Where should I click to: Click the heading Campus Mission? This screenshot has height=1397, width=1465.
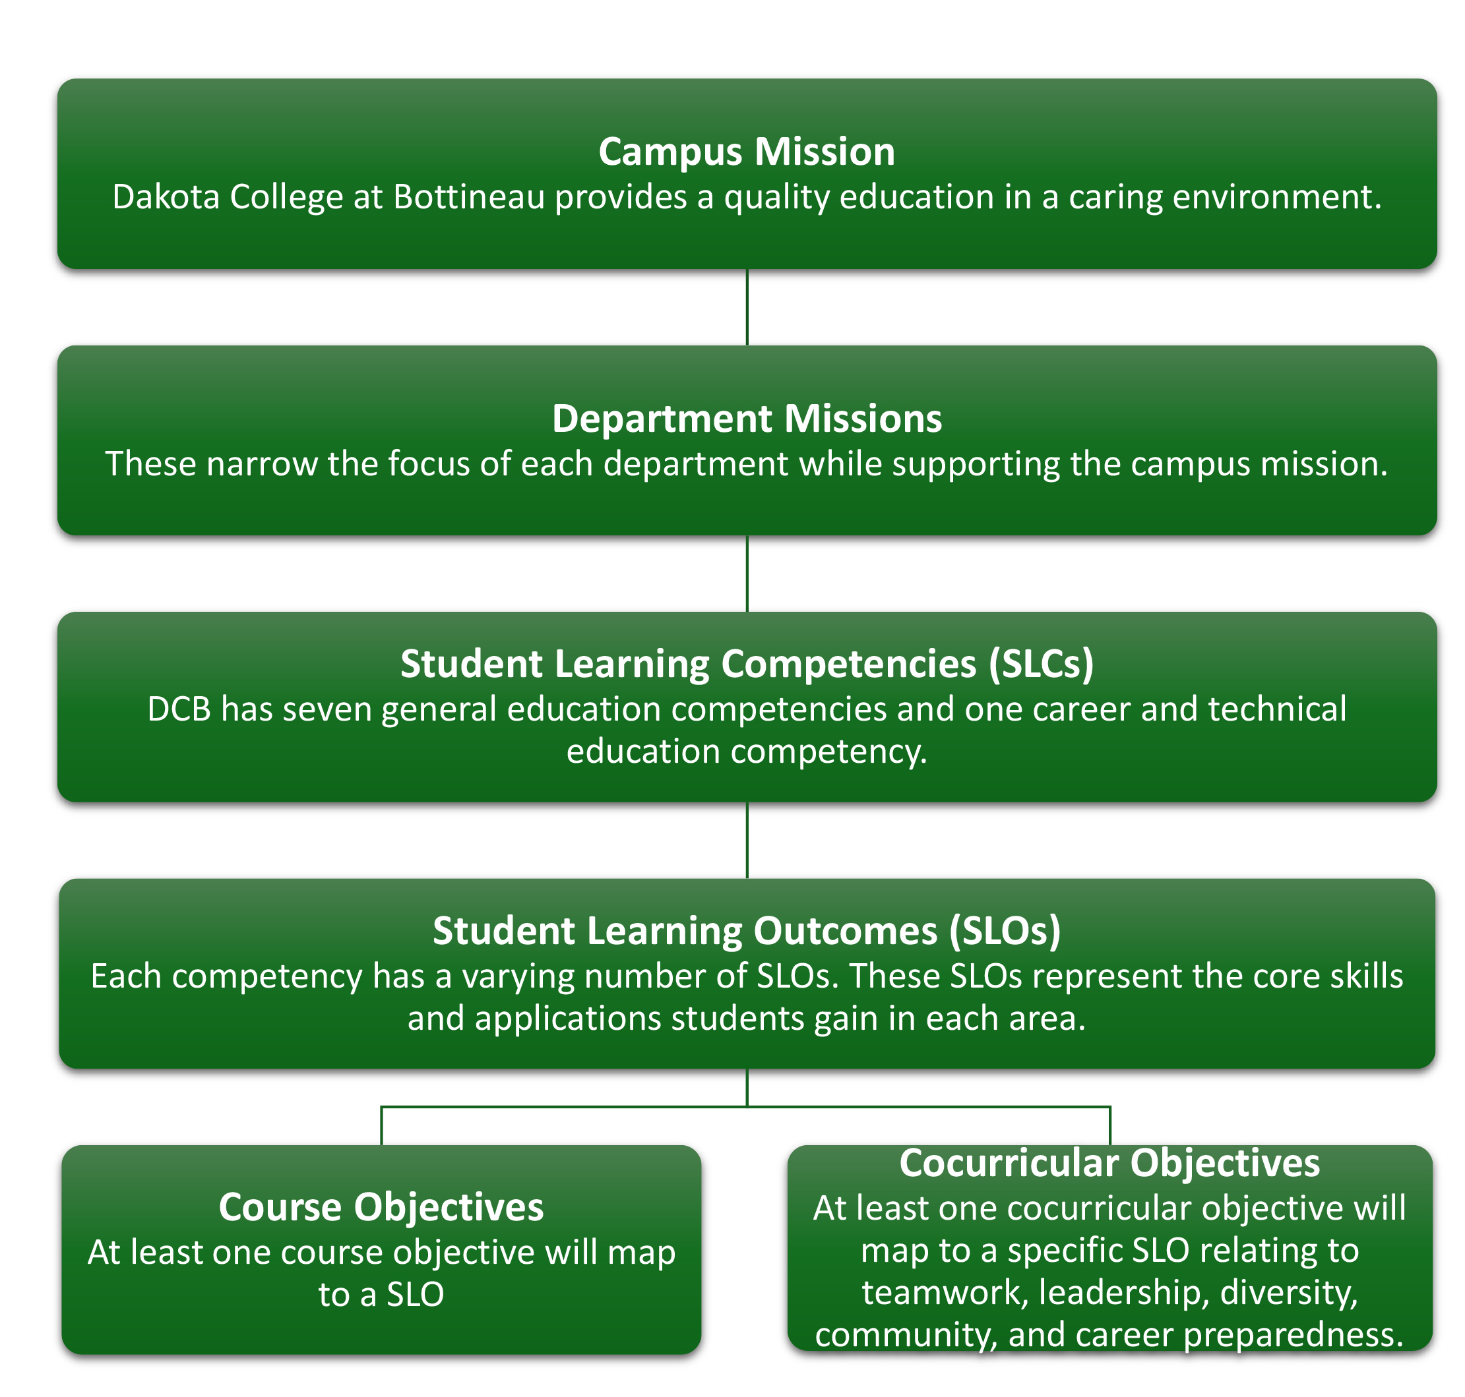click(x=746, y=152)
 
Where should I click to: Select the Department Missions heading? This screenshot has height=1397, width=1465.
click(x=746, y=419)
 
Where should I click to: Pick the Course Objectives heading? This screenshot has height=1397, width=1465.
click(x=381, y=1207)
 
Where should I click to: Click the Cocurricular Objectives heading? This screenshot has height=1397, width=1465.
click(x=1109, y=1163)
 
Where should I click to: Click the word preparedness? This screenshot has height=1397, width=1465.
click(x=1293, y=1335)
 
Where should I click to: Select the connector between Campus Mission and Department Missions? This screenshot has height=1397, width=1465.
click(x=747, y=307)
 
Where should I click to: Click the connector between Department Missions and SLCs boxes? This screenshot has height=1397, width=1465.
click(x=747, y=574)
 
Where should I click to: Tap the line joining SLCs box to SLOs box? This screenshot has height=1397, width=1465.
click(x=747, y=840)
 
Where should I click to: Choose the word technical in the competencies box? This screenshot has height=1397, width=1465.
click(x=1276, y=709)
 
